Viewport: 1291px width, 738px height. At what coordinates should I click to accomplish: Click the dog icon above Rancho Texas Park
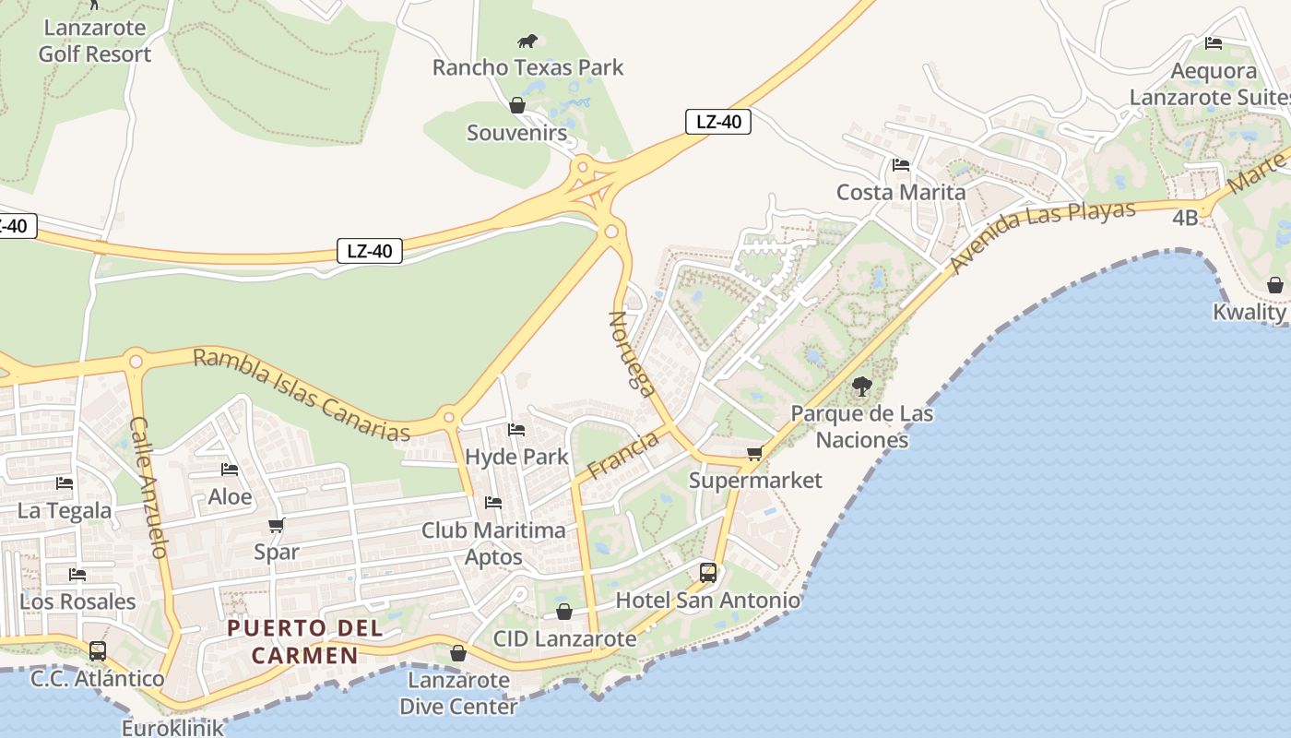tap(527, 41)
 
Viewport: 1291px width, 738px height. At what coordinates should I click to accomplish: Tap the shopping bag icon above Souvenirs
tap(517, 105)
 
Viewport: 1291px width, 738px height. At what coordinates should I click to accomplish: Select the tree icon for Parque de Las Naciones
tap(862, 387)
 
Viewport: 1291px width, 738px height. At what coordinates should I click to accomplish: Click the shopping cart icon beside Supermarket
tap(755, 453)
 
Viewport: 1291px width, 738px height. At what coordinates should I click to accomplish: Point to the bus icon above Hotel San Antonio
tap(708, 572)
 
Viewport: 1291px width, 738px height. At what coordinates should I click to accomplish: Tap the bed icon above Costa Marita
tap(901, 165)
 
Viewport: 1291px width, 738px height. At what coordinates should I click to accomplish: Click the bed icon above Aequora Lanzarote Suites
tap(1214, 43)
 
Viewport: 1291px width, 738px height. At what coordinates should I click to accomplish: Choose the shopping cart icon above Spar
tap(276, 525)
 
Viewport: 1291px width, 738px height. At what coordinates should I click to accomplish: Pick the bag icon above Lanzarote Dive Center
tap(457, 653)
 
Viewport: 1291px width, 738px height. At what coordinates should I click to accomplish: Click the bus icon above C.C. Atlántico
tap(98, 650)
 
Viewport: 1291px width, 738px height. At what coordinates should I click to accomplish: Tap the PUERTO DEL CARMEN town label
tap(292, 642)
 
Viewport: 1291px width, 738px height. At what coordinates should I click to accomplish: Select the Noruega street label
tap(632, 352)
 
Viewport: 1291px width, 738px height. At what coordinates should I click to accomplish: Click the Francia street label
tap(623, 455)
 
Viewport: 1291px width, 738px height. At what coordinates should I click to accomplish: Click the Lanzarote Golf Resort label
tap(95, 41)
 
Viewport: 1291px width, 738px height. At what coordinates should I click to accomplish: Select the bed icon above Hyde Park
tap(516, 430)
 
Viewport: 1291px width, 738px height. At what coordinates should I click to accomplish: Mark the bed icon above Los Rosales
tap(77, 575)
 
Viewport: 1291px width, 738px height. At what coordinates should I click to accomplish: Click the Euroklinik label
tap(172, 728)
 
